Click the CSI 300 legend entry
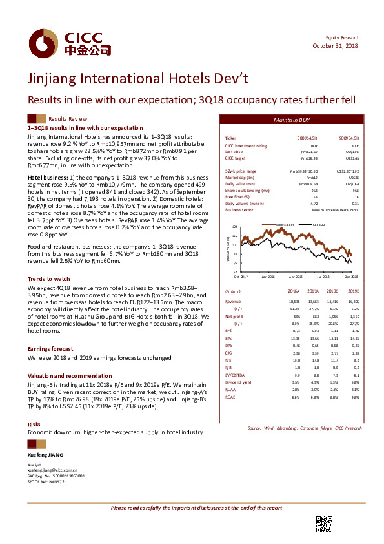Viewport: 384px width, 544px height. tap(318, 224)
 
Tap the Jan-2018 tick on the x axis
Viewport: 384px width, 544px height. tap(268, 276)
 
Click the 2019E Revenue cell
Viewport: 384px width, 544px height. tap(353, 301)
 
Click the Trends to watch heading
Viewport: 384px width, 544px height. tap(44, 278)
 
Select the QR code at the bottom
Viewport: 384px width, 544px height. tap(323, 525)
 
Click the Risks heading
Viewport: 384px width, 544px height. tap(34, 424)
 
